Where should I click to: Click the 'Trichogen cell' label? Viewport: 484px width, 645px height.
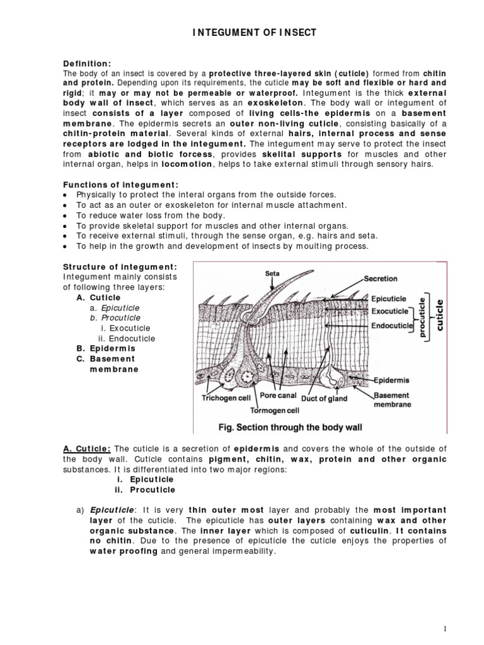pos(226,398)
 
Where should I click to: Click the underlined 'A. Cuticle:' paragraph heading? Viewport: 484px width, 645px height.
pos(87,448)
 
